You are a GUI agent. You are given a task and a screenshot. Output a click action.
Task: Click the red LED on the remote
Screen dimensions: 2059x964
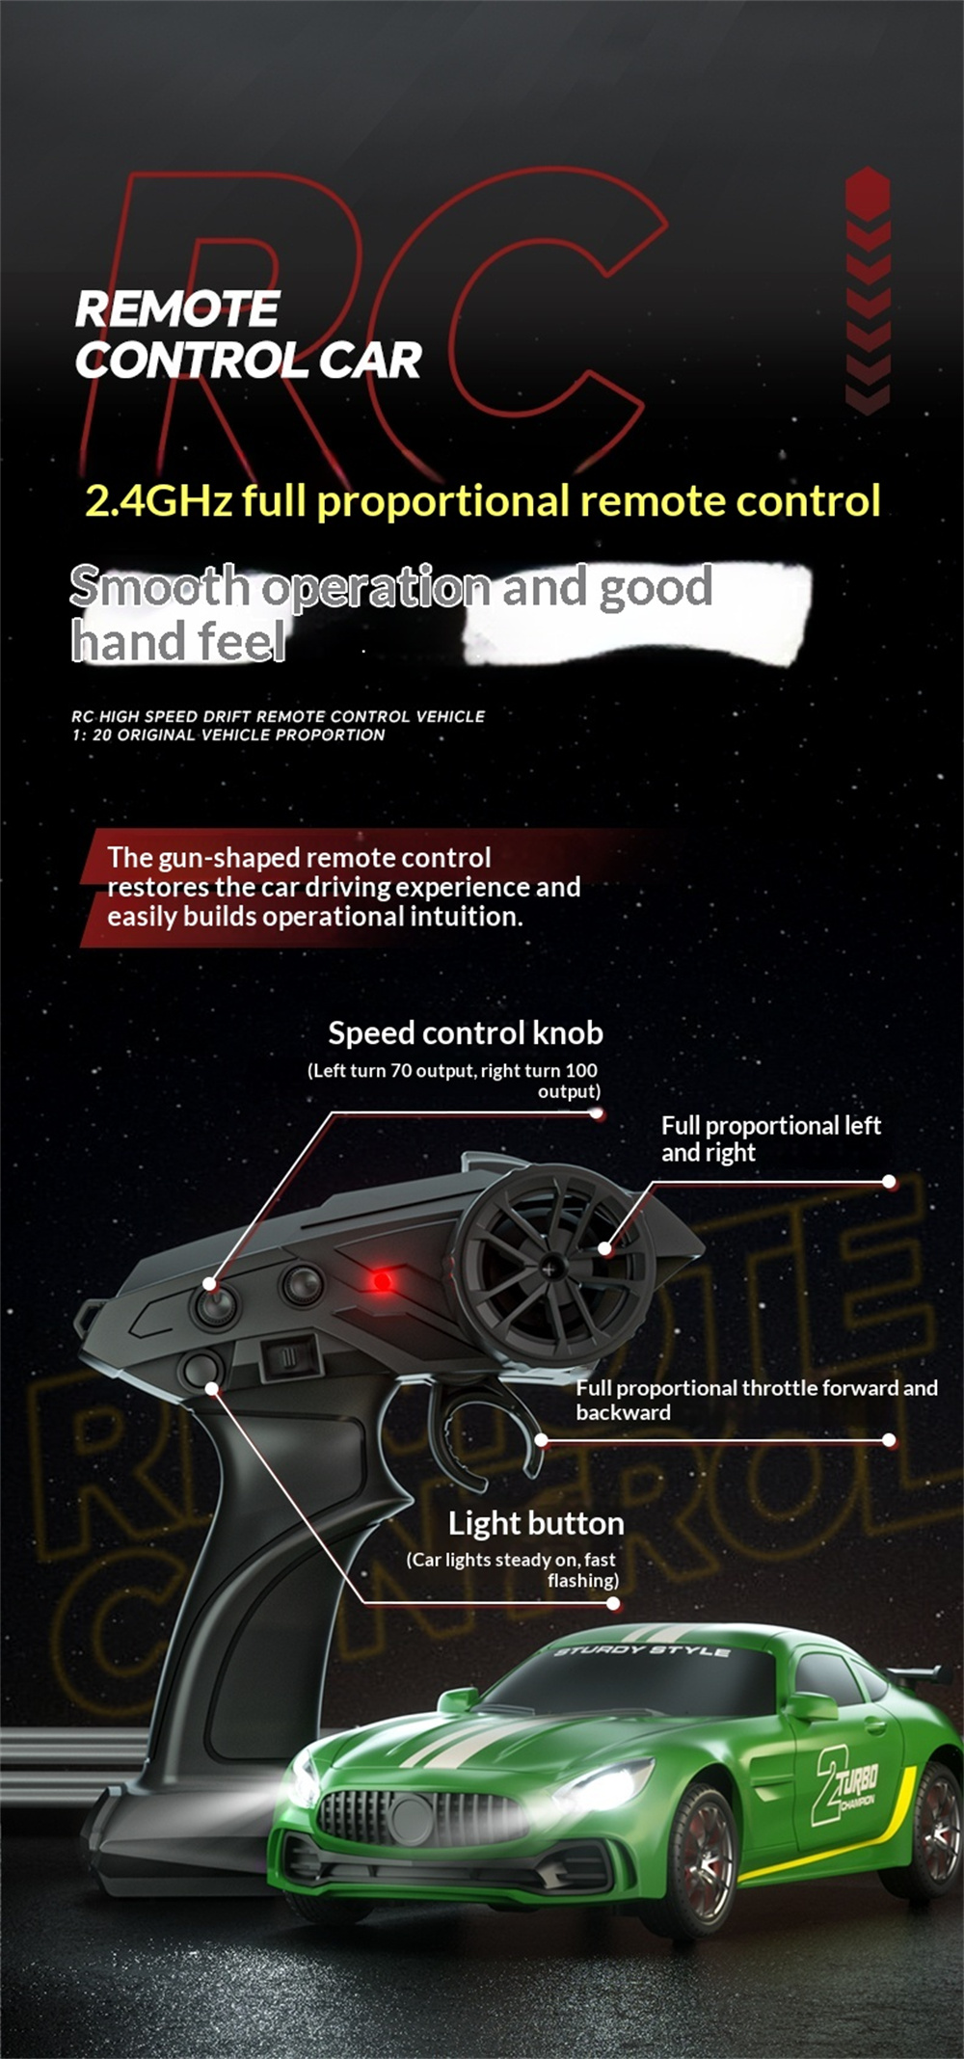[382, 1281]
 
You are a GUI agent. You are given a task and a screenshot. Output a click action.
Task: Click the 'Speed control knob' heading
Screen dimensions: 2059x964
[466, 1033]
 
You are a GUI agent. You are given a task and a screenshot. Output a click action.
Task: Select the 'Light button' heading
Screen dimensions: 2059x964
[536, 1524]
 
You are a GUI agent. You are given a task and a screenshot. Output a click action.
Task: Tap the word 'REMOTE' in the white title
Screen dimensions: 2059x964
[177, 309]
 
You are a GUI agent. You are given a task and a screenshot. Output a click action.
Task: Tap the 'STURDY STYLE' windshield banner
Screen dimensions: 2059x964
[642, 1651]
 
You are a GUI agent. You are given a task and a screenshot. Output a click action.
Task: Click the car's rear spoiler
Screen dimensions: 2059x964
[921, 1678]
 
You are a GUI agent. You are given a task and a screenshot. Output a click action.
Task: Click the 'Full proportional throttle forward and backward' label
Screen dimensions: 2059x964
[756, 1400]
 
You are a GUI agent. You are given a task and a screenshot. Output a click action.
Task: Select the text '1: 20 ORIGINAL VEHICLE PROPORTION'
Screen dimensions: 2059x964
[228, 735]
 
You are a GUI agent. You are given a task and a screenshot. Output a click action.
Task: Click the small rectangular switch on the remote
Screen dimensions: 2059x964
[290, 1354]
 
